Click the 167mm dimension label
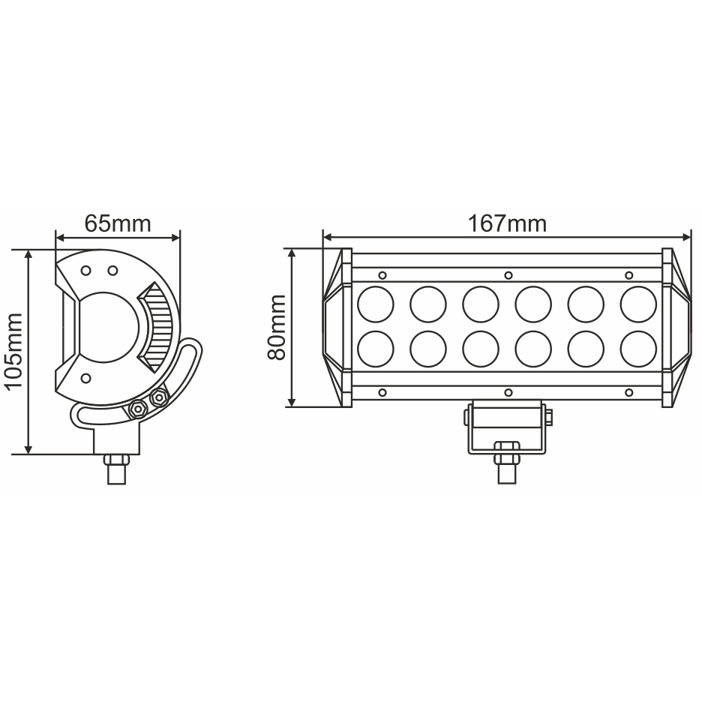click(507, 223)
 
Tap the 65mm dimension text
click(118, 223)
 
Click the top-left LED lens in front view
click(376, 302)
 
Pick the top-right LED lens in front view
click(638, 302)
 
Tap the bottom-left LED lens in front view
click(376, 347)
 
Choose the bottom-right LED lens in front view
click(638, 347)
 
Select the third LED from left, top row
click(481, 302)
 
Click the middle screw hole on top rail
click(508, 274)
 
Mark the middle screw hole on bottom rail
click(508, 392)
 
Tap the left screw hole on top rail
click(383, 274)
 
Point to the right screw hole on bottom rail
click(628, 392)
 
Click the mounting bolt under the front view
click(507, 457)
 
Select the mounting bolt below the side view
click(115, 468)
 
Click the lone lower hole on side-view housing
click(86, 377)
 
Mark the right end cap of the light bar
click(676, 327)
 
